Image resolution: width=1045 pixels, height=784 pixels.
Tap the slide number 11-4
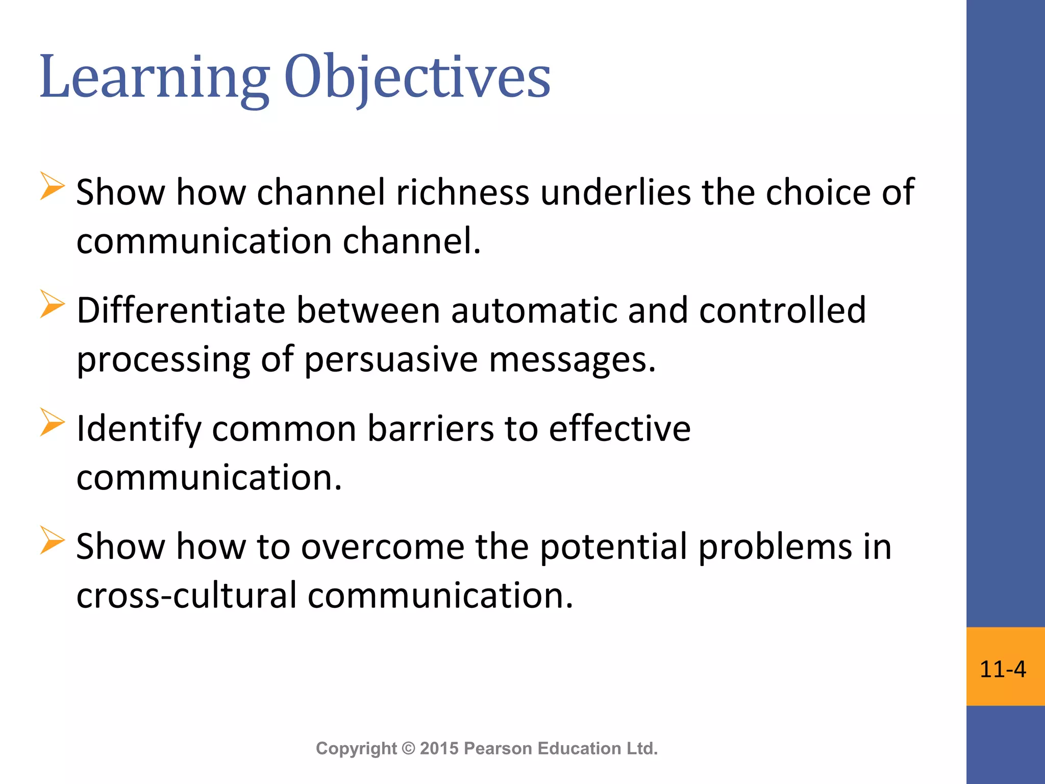point(1003,669)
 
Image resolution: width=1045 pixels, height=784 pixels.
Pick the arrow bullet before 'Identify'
point(52,423)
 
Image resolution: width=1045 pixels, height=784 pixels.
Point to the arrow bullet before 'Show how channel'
point(52,186)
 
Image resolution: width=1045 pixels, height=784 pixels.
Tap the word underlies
point(615,192)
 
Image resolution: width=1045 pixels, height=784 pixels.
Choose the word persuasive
point(391,360)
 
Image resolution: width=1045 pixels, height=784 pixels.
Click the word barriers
point(430,429)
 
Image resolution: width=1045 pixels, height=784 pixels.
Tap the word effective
point(619,429)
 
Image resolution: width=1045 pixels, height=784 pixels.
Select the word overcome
point(383,547)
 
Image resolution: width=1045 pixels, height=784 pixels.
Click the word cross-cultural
point(186,596)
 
